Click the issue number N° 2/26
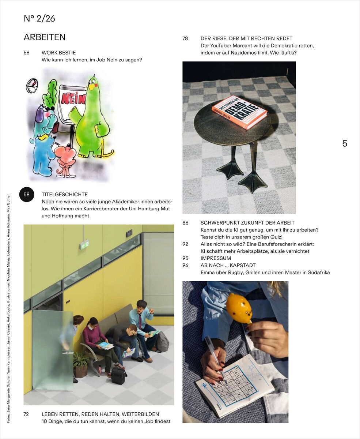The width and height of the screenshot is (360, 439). (x=39, y=19)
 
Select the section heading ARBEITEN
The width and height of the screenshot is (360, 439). (x=44, y=37)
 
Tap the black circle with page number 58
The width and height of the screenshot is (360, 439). (x=27, y=194)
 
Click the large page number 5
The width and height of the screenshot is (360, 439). (x=344, y=144)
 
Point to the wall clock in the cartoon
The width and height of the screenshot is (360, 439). (x=32, y=86)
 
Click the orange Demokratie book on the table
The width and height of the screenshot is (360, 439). (x=239, y=112)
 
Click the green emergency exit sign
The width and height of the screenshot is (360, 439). (x=84, y=244)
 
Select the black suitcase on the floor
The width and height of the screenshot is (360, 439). (x=118, y=375)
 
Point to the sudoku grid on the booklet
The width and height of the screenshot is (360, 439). (x=234, y=386)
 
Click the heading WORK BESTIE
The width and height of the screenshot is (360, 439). (x=58, y=53)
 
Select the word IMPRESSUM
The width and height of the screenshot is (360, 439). (x=216, y=258)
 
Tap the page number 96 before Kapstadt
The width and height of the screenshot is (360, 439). (x=185, y=265)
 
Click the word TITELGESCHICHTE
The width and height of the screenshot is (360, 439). (x=65, y=195)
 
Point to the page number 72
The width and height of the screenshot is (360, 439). (x=27, y=414)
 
